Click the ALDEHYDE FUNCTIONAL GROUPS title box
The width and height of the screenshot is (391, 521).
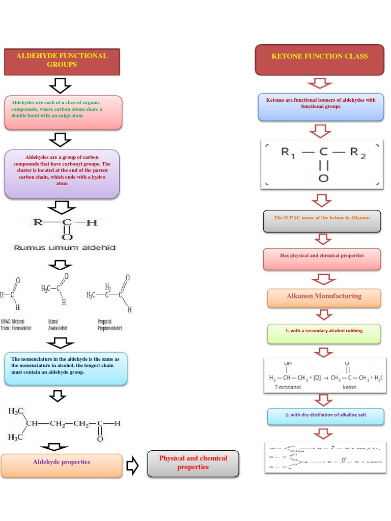click(x=62, y=62)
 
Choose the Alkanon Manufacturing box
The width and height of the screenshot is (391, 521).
click(x=324, y=297)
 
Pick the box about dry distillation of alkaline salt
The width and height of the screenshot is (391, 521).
click(x=324, y=416)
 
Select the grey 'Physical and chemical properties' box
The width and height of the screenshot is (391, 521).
click(x=193, y=463)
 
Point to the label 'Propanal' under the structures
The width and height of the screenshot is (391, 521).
click(x=104, y=322)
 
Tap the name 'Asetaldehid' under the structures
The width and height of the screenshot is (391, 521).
click(x=58, y=328)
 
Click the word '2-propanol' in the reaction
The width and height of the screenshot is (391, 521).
click(x=287, y=387)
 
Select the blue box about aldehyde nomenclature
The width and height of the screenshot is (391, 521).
click(x=66, y=368)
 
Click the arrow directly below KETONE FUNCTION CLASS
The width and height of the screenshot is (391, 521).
click(x=320, y=83)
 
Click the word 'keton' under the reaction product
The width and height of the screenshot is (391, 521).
click(x=350, y=387)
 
